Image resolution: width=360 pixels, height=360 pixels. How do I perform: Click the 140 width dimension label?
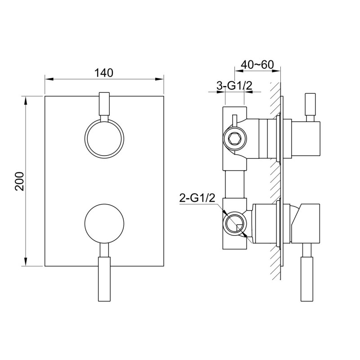[x=104, y=73]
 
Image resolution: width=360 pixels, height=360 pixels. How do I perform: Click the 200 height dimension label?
[x=19, y=181]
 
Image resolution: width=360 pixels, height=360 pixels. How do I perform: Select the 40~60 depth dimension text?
[x=257, y=65]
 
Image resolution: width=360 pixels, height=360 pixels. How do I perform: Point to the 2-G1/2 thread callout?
[x=197, y=198]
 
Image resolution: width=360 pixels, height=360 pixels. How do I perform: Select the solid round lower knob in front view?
[x=104, y=223]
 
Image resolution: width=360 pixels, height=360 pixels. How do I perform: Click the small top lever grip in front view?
[x=104, y=103]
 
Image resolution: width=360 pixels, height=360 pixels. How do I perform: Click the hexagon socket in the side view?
[x=235, y=139]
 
